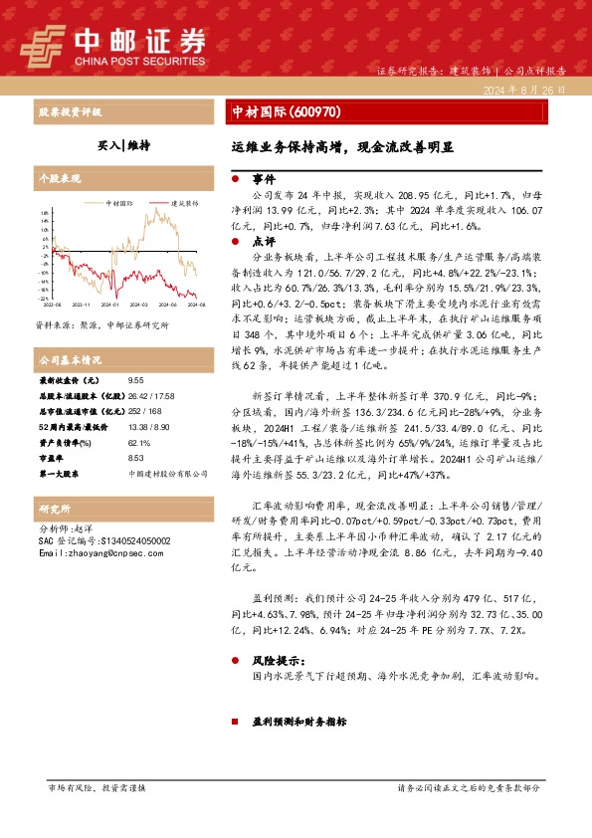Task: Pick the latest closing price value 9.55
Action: click(135, 380)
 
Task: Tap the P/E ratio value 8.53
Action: click(135, 458)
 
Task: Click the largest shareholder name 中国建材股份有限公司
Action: click(164, 473)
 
